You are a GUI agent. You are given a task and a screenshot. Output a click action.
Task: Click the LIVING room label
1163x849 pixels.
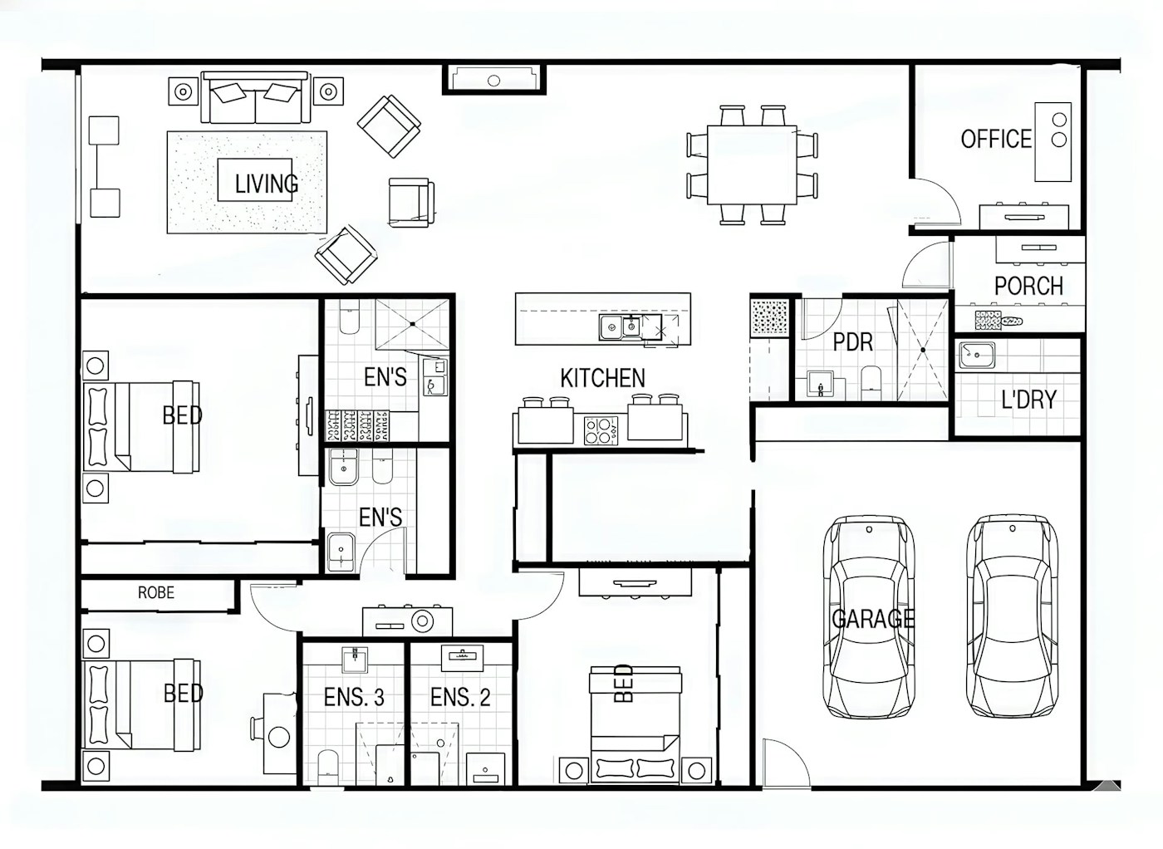(267, 184)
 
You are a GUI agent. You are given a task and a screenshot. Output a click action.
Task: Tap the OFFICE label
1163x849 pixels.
(996, 139)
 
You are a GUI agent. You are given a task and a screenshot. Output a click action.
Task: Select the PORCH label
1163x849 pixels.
(1028, 286)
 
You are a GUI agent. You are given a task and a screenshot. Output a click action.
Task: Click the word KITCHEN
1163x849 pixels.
(603, 378)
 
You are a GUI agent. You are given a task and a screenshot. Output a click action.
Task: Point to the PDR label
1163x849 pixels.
(853, 342)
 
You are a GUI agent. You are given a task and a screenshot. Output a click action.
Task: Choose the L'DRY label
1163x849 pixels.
(1028, 400)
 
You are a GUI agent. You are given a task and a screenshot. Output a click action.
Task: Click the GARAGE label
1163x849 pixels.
(873, 618)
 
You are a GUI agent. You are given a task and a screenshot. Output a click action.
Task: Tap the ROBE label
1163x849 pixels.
(156, 592)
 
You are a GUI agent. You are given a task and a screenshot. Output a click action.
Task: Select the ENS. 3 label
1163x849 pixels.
(354, 697)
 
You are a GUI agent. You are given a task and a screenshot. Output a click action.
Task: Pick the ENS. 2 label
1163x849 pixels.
(460, 697)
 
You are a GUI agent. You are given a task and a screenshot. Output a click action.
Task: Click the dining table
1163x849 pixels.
(752, 165)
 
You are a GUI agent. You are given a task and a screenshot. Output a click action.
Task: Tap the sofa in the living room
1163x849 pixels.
(256, 98)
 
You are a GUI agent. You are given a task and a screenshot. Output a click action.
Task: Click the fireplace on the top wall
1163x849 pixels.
(493, 79)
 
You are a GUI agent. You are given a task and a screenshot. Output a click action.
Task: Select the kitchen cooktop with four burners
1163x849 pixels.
(601, 430)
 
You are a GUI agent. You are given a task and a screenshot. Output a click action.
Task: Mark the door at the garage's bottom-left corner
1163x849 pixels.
(786, 763)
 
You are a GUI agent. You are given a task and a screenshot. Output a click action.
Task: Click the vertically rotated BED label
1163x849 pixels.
(624, 683)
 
